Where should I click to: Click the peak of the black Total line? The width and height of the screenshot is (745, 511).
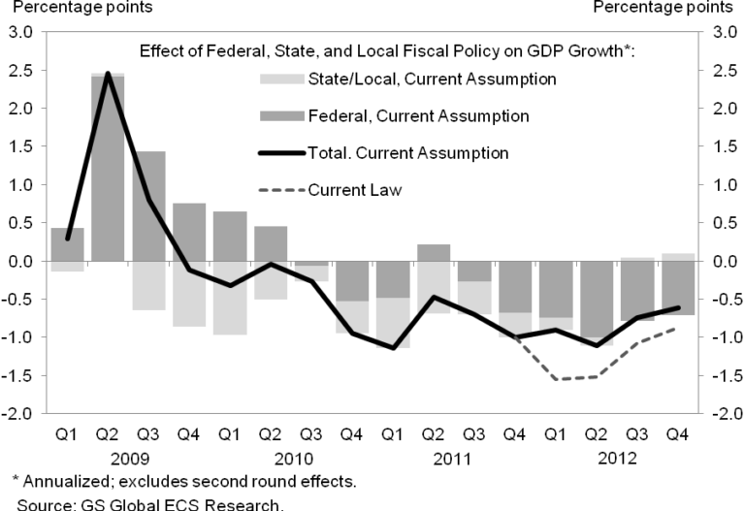(x=108, y=74)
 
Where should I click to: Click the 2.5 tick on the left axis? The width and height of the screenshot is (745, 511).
(x=19, y=71)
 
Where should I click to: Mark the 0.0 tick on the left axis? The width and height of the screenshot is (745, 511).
(x=19, y=262)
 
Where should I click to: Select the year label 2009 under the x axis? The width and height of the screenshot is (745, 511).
(x=128, y=456)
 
